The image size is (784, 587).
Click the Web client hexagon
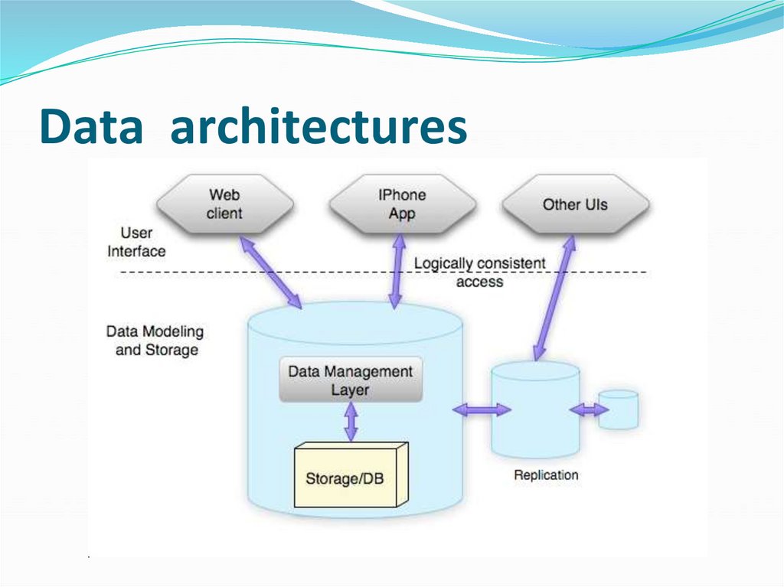pos(224,204)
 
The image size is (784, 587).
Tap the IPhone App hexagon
pos(402,204)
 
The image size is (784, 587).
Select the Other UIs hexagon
pos(575,204)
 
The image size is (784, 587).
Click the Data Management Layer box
pos(351,380)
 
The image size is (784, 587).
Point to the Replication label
pos(546,474)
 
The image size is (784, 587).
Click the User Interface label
pos(136,242)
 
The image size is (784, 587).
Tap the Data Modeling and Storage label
pos(155,341)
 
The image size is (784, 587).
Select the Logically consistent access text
pos(480,272)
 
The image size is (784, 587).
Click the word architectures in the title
pos(318,126)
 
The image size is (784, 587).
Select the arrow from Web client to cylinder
pos(271,272)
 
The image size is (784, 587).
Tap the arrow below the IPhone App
pos(397,271)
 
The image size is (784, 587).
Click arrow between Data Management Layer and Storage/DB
pos(351,421)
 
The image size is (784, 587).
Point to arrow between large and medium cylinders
pos(481,410)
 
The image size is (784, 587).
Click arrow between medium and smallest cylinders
pos(589,410)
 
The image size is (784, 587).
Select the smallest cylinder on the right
pos(618,409)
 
